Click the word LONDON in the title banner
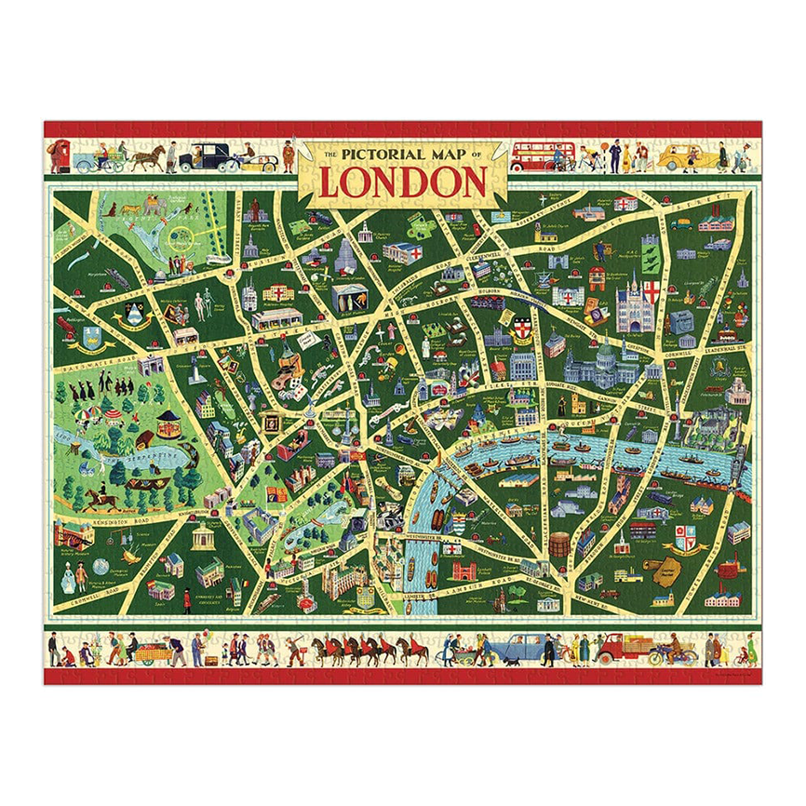click(x=403, y=182)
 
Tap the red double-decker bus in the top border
click(x=542, y=156)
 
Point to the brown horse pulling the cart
click(x=147, y=157)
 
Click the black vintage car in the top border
click(x=204, y=157)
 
